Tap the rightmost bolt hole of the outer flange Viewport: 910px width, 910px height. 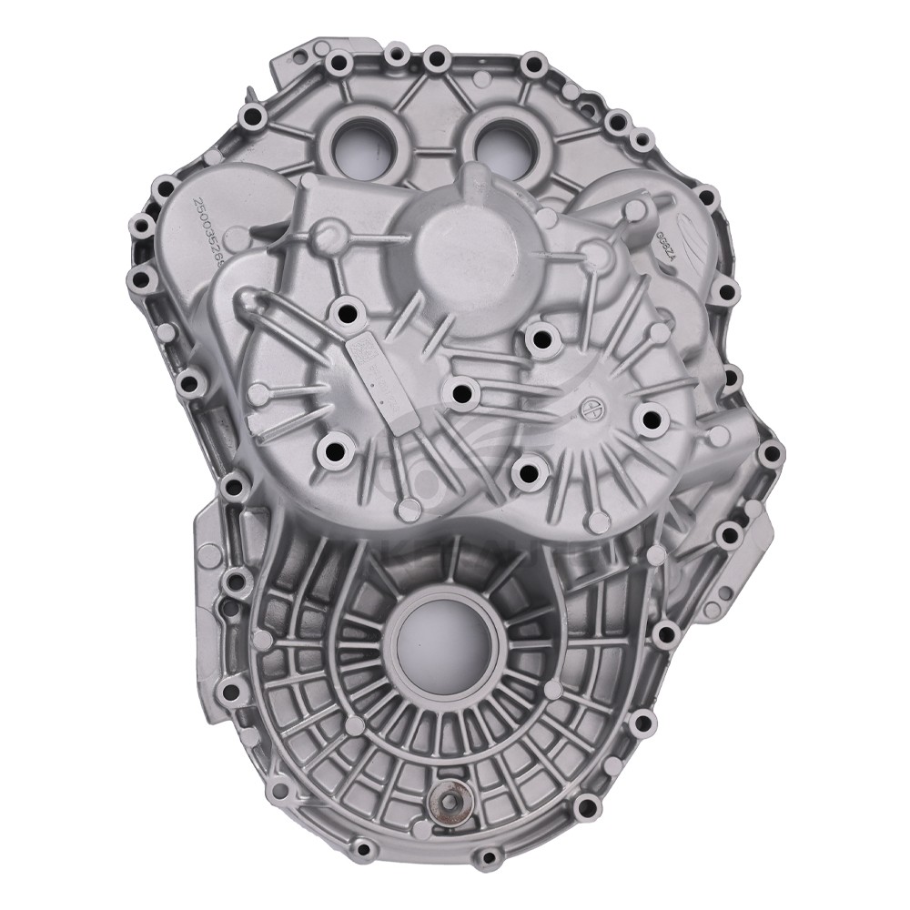771,452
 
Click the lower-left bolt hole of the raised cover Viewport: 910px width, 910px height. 335,449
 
